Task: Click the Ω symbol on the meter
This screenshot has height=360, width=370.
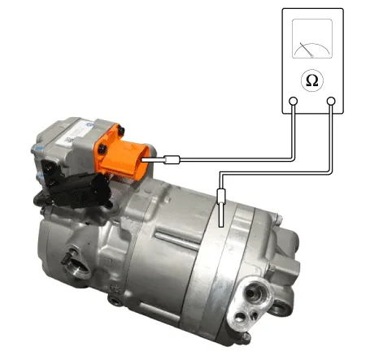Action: (x=312, y=80)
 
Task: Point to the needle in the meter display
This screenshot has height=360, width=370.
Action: (x=307, y=50)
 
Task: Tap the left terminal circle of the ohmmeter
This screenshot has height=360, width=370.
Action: (x=293, y=102)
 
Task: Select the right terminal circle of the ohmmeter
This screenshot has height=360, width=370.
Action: (x=331, y=102)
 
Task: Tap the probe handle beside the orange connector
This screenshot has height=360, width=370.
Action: (x=172, y=160)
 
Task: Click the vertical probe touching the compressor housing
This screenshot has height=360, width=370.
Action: (x=221, y=208)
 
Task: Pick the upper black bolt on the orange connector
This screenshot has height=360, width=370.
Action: (x=121, y=131)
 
